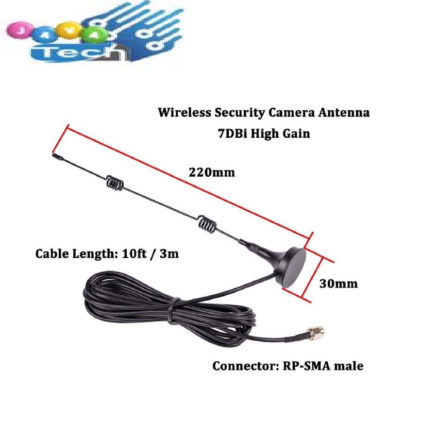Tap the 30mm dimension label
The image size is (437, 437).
tap(338, 283)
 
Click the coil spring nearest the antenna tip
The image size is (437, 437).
tap(115, 184)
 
